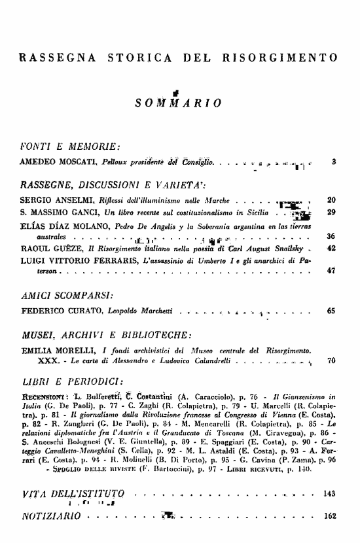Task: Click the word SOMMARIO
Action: pos(177,103)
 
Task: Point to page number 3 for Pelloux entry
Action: pos(334,161)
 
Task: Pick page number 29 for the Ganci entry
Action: pos(331,213)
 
